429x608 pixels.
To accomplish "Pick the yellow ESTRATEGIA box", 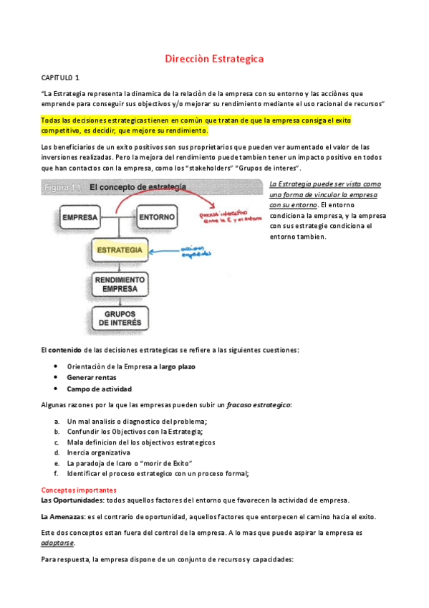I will coord(119,250).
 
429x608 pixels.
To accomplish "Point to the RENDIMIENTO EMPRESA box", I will coord(119,284).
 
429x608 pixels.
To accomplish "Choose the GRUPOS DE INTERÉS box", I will coord(119,318).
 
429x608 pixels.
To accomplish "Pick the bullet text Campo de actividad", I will coord(100,389).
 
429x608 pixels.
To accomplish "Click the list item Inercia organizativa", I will coord(99,452).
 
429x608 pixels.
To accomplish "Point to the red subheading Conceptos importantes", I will coord(77,490).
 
